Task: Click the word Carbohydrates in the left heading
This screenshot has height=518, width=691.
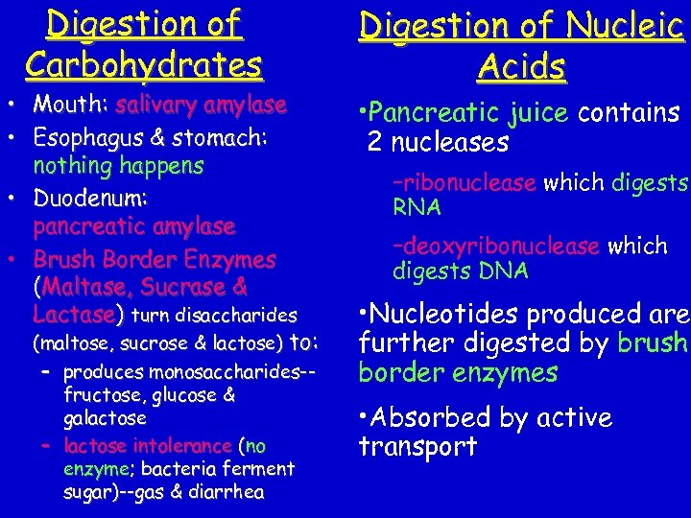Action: (144, 64)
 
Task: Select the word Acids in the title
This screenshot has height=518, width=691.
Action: (521, 67)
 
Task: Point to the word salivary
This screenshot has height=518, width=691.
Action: (156, 105)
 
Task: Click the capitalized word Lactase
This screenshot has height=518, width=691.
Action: (74, 315)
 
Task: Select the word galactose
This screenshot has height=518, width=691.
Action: (105, 418)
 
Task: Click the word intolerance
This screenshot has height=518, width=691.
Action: (183, 446)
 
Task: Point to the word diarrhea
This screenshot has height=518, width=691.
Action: (229, 492)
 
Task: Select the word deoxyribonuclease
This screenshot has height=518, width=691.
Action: (496, 247)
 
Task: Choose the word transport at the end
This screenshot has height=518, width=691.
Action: (417, 446)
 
